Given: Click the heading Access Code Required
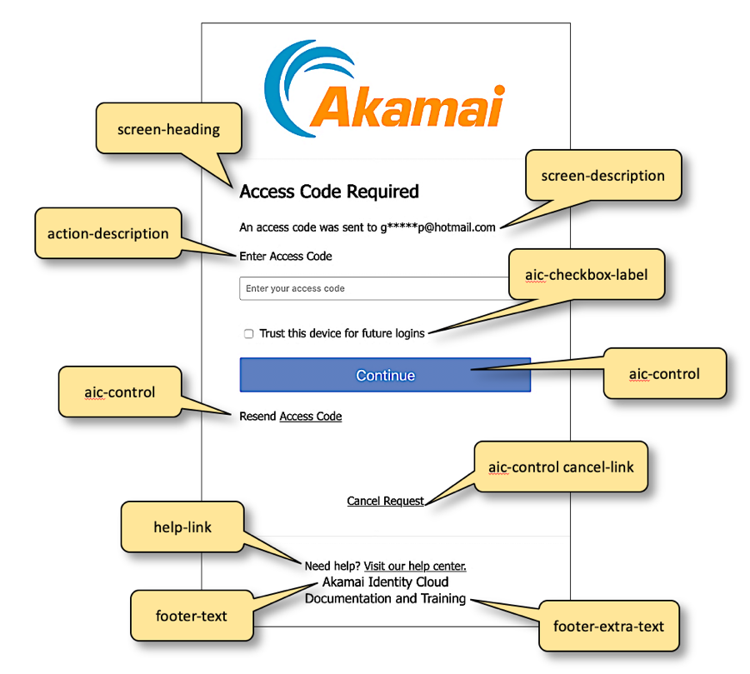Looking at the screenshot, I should point(329,192).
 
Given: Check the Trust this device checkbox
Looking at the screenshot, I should point(248,334).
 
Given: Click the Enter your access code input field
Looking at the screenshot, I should point(375,288).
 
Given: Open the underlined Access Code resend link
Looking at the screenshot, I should point(311,416).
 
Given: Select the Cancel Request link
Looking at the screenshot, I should point(386,501).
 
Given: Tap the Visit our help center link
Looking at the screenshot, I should point(415,567).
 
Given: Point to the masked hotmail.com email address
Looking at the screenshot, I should point(438,227).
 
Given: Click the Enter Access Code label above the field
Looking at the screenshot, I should point(286,257).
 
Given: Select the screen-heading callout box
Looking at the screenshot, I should point(169,129).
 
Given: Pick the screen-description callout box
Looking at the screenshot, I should point(602,176).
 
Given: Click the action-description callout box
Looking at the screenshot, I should point(108,233).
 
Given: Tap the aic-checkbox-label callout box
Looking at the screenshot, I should point(587,274).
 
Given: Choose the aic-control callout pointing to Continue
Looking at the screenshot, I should point(664,374).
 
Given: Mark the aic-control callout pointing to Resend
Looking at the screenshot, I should point(120,392).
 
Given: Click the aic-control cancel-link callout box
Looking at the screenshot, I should point(561,467).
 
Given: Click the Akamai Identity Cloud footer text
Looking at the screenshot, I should point(385,582).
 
